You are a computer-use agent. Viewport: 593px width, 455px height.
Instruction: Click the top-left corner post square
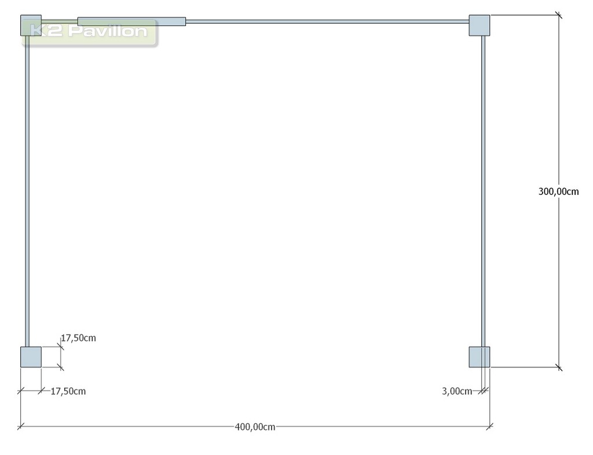tap(31, 26)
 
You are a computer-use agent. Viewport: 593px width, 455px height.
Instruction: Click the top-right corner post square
tap(479, 26)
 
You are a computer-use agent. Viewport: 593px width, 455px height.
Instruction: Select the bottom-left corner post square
tap(31, 357)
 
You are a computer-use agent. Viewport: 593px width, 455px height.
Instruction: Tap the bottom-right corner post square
tap(479, 357)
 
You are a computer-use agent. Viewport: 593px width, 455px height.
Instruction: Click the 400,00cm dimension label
tap(255, 427)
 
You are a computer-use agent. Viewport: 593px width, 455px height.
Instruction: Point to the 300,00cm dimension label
tap(559, 191)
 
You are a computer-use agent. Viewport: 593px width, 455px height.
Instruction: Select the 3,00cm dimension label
tap(457, 391)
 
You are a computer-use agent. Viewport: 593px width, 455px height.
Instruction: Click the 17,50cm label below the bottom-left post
tap(68, 391)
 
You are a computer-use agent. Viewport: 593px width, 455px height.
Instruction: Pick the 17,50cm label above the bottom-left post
tap(79, 338)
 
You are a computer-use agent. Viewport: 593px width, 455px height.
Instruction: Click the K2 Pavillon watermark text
tap(89, 31)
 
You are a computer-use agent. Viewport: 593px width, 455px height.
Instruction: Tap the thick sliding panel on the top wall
tap(131, 21)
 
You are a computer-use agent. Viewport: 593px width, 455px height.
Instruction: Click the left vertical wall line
tap(27, 191)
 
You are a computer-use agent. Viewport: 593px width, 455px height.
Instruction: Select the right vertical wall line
tap(484, 191)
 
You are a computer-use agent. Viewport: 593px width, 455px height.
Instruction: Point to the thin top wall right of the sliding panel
tap(328, 21)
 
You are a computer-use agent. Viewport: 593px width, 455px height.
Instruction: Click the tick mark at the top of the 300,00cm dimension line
tap(559, 15)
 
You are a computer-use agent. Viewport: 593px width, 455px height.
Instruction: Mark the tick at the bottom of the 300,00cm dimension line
tap(559, 367)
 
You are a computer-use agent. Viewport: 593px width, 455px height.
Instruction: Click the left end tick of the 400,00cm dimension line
tap(21, 427)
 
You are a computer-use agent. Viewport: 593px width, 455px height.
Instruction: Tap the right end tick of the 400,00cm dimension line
tap(490, 427)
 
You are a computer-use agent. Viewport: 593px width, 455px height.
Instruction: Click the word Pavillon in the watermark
tap(108, 31)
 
